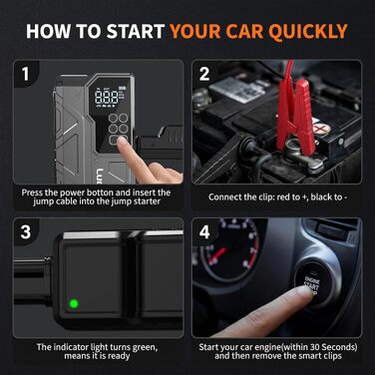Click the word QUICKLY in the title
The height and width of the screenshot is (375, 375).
(x=307, y=32)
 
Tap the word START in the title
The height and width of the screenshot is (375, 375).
(x=136, y=31)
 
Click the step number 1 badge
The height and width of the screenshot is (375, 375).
(x=25, y=74)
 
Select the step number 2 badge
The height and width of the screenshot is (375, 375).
(x=204, y=74)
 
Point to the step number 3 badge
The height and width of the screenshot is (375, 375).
(x=26, y=231)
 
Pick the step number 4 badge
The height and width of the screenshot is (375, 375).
(x=204, y=231)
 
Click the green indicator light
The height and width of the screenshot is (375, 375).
(x=74, y=303)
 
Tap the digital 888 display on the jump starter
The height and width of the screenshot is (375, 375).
(x=107, y=98)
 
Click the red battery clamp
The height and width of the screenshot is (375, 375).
(x=295, y=113)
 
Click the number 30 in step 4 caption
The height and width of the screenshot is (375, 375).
(x=314, y=347)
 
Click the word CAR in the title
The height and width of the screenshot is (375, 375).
(x=245, y=32)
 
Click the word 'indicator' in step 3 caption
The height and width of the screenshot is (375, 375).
(x=71, y=347)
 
